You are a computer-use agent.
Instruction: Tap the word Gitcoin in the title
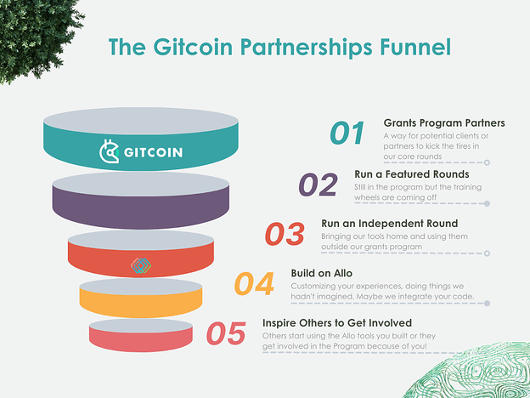coord(193,47)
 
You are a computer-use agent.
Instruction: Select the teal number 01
coord(347,133)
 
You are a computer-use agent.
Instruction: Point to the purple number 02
coord(318,185)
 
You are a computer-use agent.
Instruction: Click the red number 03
coord(285,234)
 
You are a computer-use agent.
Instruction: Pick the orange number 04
coord(254,283)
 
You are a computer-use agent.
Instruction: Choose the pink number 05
coord(226,333)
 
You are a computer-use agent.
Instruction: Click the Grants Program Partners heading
coord(444,122)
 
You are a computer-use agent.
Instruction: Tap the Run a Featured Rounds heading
coord(412,174)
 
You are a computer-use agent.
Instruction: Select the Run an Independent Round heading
coord(389,224)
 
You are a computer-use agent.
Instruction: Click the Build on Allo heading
coord(321,273)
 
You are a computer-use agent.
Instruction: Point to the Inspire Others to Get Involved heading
coord(337,323)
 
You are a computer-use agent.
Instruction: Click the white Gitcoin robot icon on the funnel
coord(109,151)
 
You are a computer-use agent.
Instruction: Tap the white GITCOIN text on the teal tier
coord(153,152)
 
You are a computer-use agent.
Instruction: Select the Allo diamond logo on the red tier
coord(141,265)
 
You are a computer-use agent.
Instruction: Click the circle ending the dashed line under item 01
coord(487,162)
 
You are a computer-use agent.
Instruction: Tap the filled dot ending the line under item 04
coord(487,304)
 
